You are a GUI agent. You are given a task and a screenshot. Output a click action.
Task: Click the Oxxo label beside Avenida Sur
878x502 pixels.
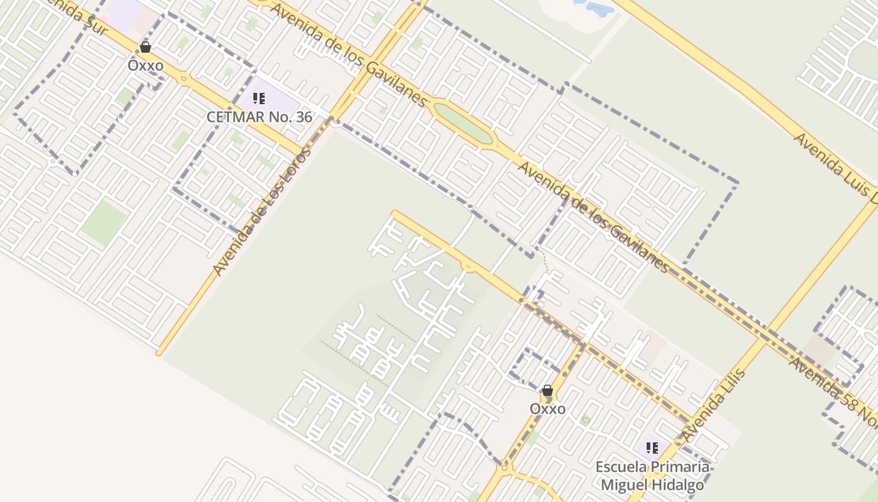(145, 65)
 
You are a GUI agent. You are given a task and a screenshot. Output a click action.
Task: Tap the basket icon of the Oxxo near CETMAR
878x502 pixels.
(145, 47)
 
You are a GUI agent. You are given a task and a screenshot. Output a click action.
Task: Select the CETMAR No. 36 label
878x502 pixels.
(259, 117)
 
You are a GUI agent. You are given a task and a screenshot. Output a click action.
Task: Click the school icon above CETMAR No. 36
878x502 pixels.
(259, 99)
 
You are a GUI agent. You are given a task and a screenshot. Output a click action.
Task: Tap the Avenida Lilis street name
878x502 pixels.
(714, 405)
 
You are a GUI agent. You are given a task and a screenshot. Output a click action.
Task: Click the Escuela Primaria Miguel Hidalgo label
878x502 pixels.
(652, 476)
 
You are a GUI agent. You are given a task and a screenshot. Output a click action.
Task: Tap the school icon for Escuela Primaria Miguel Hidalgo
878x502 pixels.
(652, 448)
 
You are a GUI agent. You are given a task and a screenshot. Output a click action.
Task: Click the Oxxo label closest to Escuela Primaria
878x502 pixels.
(547, 409)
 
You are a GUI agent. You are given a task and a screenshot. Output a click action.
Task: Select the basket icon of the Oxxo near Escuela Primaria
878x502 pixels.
(547, 391)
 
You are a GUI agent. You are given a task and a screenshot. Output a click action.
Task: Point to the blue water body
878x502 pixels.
(596, 8)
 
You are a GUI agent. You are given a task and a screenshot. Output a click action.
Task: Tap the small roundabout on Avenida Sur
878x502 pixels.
(183, 80)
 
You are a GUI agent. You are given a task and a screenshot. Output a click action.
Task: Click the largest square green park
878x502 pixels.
(104, 223)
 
